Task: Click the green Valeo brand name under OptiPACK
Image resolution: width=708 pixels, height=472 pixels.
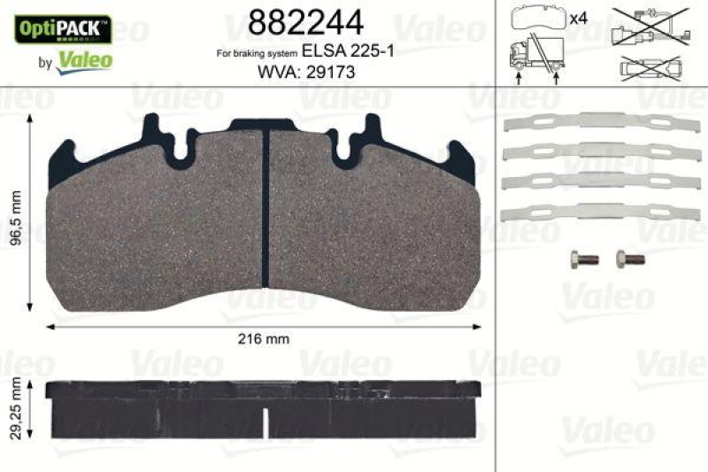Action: (x=85, y=60)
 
